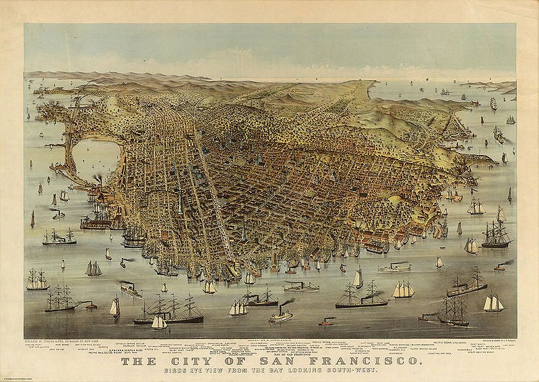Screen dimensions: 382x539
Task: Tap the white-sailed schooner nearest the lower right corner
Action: tap(493, 304)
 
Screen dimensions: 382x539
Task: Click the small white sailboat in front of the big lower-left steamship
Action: tap(159, 322)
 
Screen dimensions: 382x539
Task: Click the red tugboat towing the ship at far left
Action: tap(91, 305)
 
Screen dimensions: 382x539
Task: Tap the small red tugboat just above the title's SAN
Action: tap(326, 322)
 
